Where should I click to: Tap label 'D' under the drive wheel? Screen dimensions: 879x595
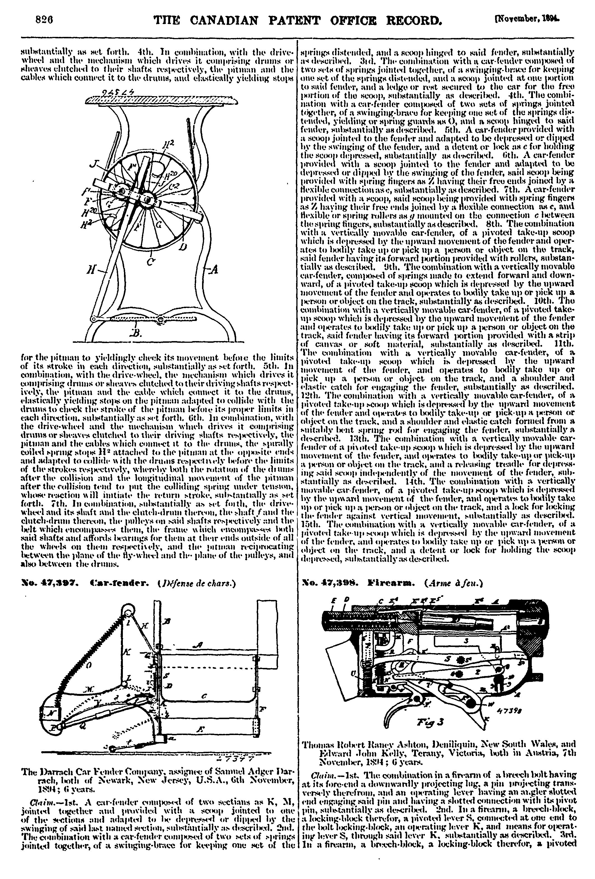pos(184,248)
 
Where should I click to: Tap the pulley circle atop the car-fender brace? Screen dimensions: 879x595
pos(128,611)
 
